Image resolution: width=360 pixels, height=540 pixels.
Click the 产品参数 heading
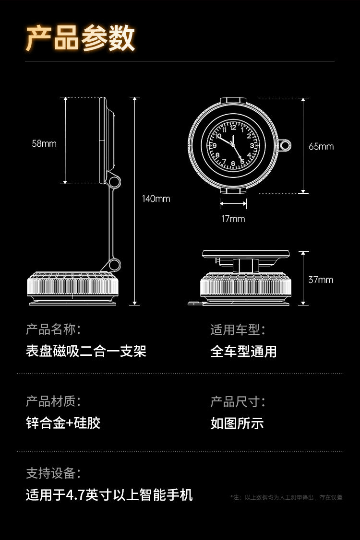coord(80,38)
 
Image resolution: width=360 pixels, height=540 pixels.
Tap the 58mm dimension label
coord(44,143)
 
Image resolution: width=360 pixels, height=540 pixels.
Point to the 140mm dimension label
coord(156,199)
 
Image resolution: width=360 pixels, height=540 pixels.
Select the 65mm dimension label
coord(321,146)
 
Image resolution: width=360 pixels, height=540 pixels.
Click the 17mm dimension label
coord(233,219)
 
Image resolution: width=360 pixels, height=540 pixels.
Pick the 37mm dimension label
coord(321,280)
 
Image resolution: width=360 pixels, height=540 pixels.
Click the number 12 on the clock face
coord(233,128)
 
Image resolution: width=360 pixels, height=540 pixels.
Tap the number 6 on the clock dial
coord(233,163)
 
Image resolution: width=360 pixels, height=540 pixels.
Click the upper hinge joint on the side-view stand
coord(114,181)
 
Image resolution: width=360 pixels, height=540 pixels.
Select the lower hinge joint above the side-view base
coord(114,265)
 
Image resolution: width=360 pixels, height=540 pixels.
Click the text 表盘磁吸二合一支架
coord(86,351)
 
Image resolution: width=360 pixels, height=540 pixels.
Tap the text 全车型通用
coord(243,351)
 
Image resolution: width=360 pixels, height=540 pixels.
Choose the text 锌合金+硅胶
coord(63,423)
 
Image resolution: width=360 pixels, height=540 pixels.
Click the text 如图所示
coord(237,423)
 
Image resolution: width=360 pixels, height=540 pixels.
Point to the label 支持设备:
coord(53,473)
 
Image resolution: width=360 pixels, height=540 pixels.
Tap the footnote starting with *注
coord(286,497)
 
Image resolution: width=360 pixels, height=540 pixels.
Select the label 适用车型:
coord(238,329)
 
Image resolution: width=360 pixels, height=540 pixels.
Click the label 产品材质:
coord(53,401)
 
